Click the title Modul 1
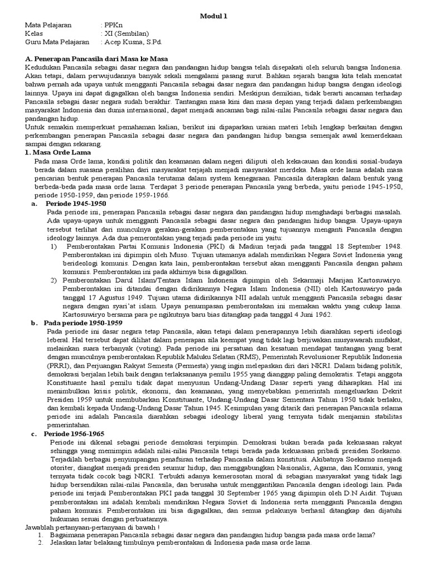pyautogui.click(x=214, y=16)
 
